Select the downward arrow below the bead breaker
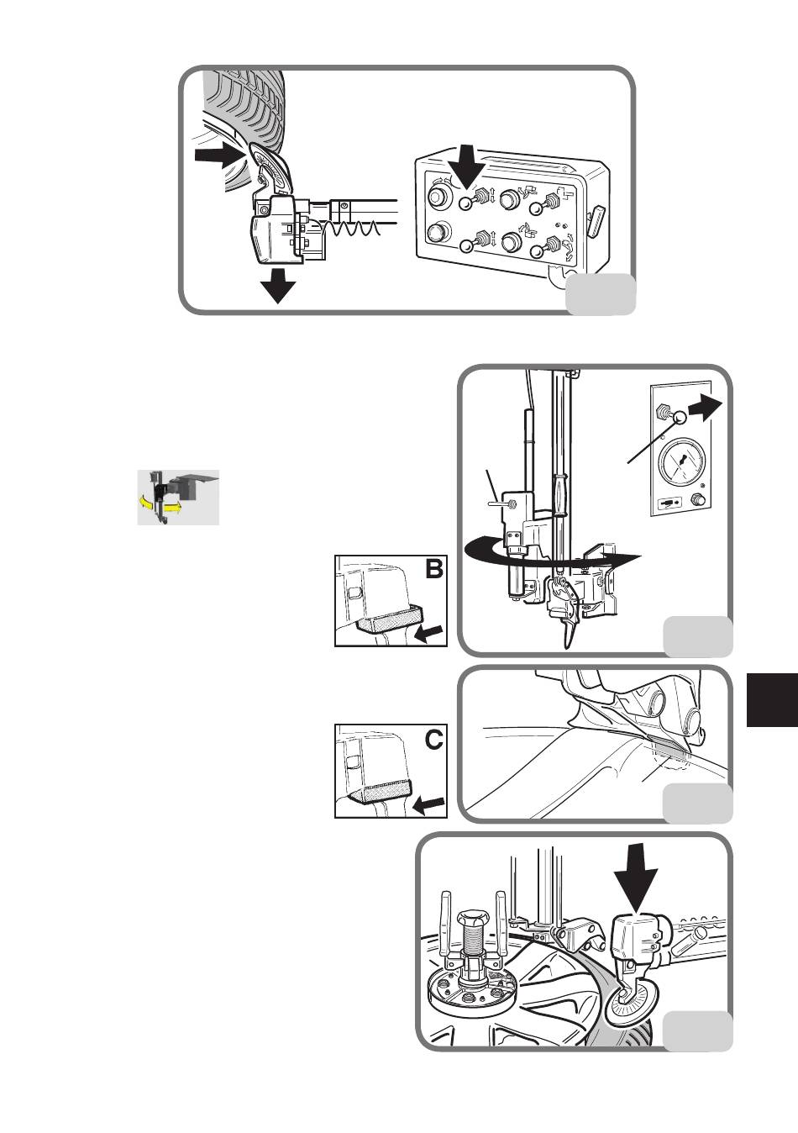click(x=278, y=286)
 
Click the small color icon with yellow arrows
click(x=178, y=498)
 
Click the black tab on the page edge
click(x=772, y=700)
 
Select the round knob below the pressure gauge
click(x=698, y=500)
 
